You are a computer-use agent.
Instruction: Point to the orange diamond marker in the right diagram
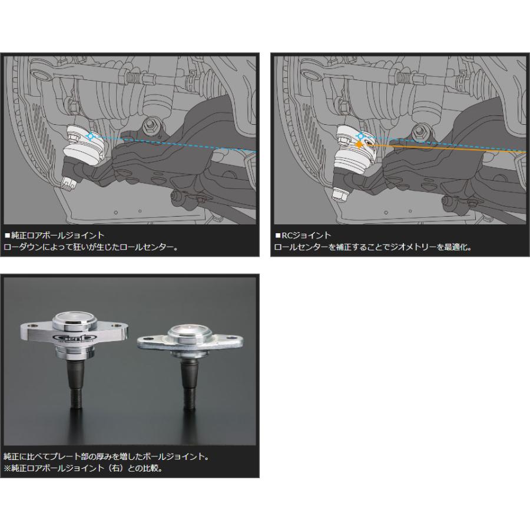tap(358, 144)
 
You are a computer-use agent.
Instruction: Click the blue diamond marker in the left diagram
tap(90, 136)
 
